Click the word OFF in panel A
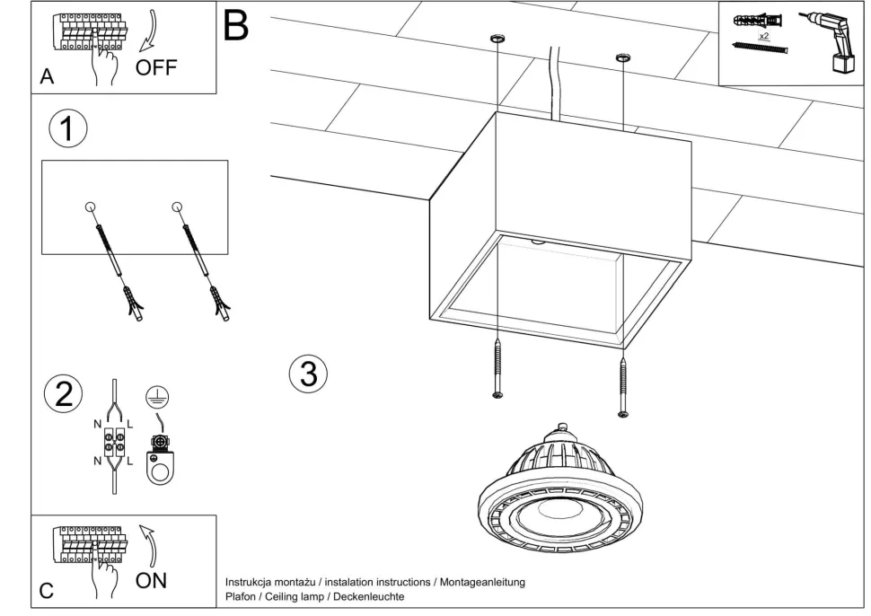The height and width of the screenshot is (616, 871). tap(157, 68)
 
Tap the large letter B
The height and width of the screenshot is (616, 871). tap(235, 25)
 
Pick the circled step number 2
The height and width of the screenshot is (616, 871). tap(64, 394)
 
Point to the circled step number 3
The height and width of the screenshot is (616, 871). tap(308, 374)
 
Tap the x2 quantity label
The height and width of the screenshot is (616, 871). tap(763, 37)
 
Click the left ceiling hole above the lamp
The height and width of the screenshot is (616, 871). tap(496, 39)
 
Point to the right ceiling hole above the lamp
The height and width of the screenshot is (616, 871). tap(620, 59)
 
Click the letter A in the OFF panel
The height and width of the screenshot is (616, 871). tap(47, 78)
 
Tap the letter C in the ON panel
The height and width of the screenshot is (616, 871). tap(47, 591)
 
